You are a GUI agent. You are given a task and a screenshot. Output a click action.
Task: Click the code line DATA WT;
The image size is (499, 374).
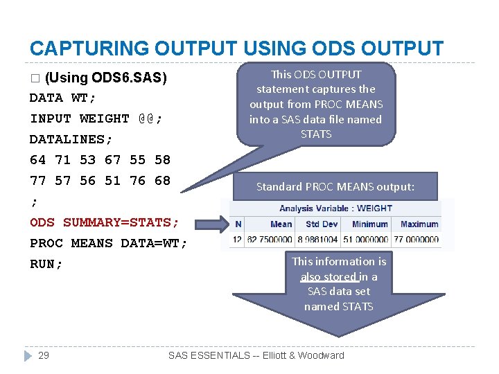[x=63, y=98]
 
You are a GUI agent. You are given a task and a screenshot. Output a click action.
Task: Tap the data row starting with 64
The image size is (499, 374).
[x=100, y=160]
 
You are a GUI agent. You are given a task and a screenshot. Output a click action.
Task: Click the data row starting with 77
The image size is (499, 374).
[x=100, y=181]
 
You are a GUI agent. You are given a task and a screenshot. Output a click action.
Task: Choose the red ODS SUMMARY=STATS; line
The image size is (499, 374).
[x=104, y=222]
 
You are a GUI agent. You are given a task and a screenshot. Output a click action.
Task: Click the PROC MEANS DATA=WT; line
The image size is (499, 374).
[x=108, y=243]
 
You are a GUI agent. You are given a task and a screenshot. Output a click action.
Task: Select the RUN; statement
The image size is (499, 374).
[x=46, y=264]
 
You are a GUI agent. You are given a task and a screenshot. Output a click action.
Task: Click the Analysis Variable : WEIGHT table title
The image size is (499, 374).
[x=335, y=208]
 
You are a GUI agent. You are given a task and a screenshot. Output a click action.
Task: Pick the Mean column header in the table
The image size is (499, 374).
[x=281, y=224]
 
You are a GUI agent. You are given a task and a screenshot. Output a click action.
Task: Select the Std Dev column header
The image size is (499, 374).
[x=322, y=224]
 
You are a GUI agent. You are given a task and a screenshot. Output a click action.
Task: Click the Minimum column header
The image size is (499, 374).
[x=369, y=224]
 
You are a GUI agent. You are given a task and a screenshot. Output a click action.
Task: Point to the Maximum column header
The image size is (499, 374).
[x=419, y=224]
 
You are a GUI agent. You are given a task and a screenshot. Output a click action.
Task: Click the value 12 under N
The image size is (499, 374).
[x=238, y=240]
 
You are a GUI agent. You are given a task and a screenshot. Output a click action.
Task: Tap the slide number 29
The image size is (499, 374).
[x=43, y=355]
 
